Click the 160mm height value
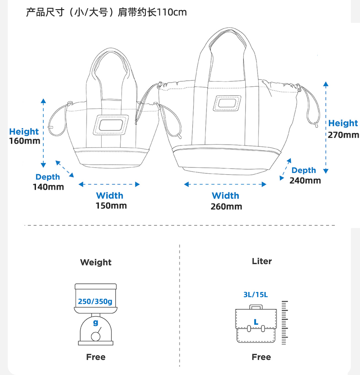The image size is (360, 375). click(x=25, y=141)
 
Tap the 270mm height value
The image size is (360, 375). click(x=343, y=135)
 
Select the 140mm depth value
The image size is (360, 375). click(x=48, y=187)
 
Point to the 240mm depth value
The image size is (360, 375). click(x=305, y=180)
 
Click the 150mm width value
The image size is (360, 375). click(x=111, y=205)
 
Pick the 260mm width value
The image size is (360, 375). click(x=226, y=206)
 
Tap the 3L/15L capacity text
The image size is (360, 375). click(x=256, y=294)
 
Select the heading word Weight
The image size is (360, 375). click(x=96, y=262)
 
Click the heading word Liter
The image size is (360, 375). click(x=262, y=261)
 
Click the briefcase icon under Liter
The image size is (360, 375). click(x=256, y=325)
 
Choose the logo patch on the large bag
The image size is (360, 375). click(x=228, y=104)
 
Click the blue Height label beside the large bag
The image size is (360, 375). click(x=343, y=123)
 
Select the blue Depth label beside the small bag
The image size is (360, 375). click(x=48, y=177)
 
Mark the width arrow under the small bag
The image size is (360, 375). click(x=109, y=184)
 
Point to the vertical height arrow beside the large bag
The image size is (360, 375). click(x=326, y=128)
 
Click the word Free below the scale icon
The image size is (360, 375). click(x=96, y=357)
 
